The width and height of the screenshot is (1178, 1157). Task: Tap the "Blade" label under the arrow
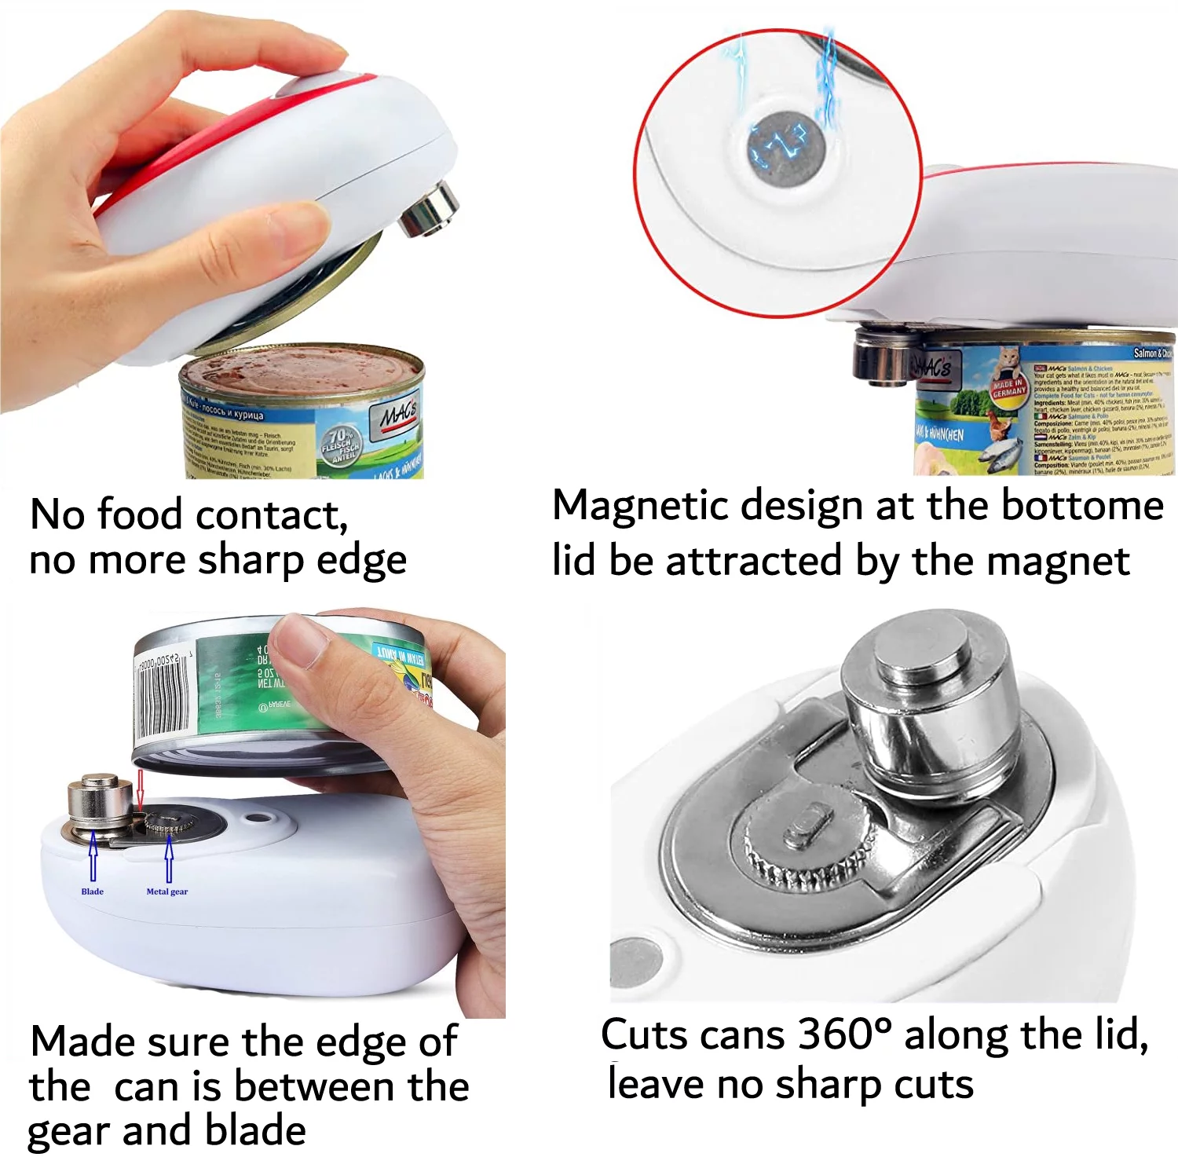pos(92,892)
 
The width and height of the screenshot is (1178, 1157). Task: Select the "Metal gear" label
pos(166,892)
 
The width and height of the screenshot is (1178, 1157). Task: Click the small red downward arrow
pos(140,790)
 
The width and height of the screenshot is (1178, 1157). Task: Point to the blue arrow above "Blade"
pos(93,856)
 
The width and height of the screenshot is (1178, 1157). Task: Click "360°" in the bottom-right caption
pos(844,1035)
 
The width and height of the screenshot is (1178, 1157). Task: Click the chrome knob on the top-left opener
pos(429,209)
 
